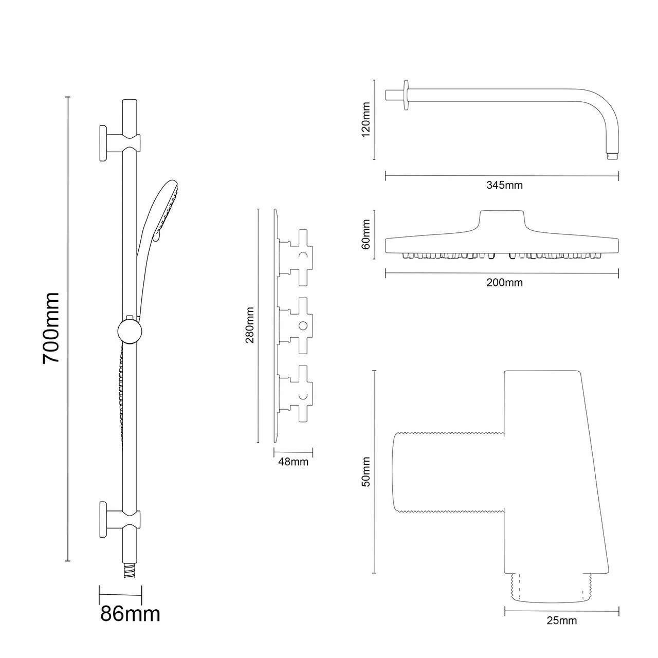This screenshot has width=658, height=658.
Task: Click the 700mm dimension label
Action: point(51,328)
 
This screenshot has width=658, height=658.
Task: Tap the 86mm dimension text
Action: point(130,613)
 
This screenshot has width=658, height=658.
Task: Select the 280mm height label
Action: point(250,325)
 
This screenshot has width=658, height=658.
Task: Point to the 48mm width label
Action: point(293,462)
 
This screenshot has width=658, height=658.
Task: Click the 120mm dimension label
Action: point(366,119)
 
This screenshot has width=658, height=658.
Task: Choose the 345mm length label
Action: point(504,185)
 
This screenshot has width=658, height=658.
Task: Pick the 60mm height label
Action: point(366,234)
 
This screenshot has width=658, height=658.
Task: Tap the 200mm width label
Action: point(504,283)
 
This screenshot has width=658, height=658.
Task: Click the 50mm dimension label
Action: point(366,472)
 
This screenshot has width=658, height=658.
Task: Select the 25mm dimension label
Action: point(561,620)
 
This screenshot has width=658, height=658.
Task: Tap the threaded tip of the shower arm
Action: point(611,155)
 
